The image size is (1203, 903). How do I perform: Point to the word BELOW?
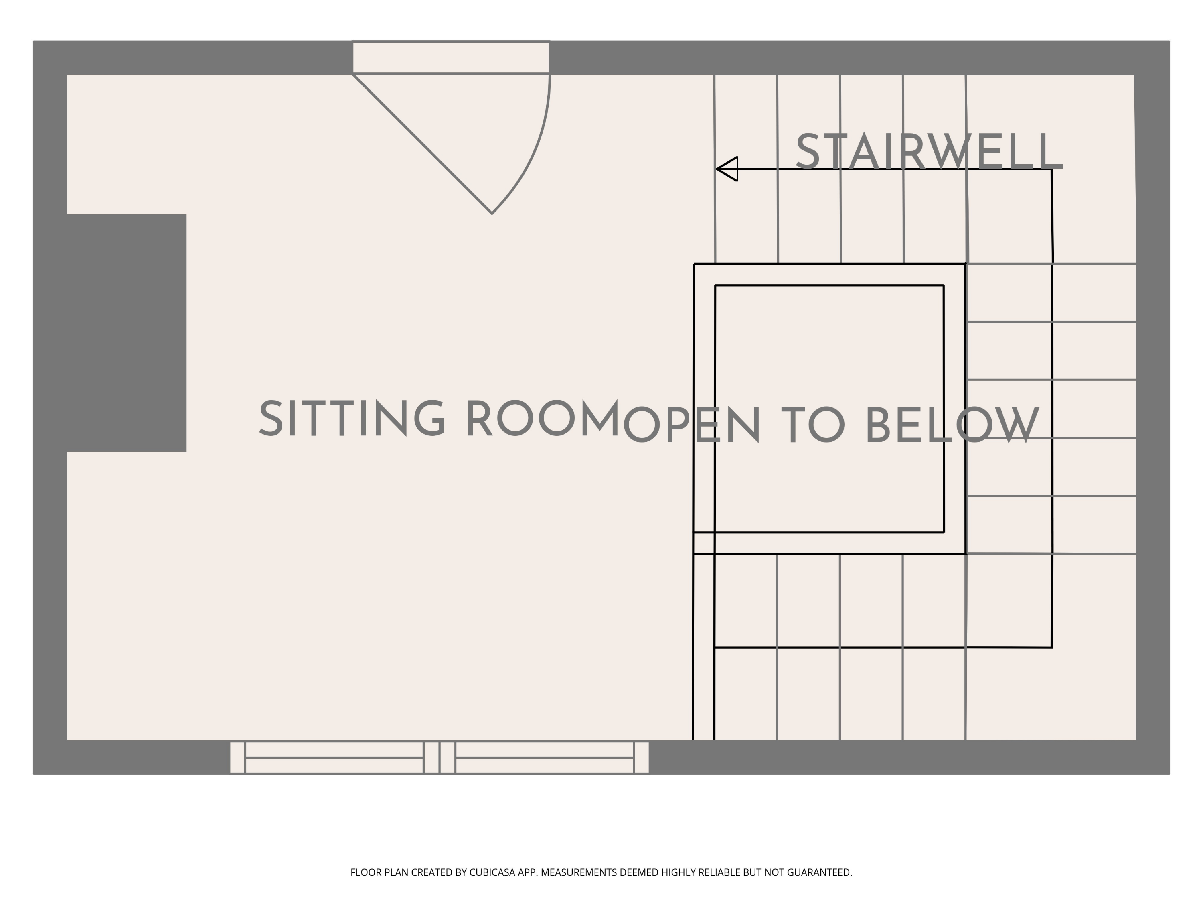point(952,426)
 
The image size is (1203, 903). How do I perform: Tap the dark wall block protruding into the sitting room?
point(127,333)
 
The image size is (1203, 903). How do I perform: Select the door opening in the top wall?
point(451,57)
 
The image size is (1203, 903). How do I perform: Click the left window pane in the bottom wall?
point(334,757)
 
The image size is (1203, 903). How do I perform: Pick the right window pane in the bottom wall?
point(545,757)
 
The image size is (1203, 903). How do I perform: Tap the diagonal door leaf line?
point(422,144)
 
